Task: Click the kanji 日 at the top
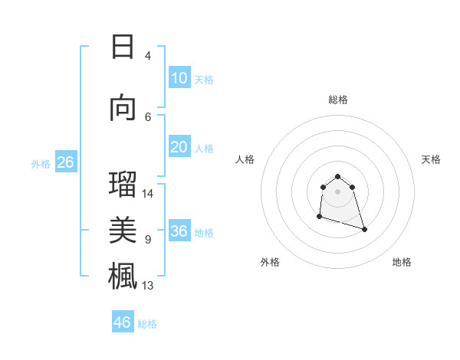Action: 123,47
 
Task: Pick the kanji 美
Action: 123,230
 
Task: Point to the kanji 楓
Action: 123,275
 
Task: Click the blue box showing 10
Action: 179,78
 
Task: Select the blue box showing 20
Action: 179,147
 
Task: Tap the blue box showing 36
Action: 179,231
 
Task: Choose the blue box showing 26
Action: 65,162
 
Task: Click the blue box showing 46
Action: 123,322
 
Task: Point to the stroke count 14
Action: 148,194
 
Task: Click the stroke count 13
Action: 148,286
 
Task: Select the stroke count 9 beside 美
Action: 148,240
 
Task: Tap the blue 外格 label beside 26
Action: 40,163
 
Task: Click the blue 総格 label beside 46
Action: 147,324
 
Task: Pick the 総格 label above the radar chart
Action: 337,100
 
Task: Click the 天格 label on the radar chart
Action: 431,159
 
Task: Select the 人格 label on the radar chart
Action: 245,159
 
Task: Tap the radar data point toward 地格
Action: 364,229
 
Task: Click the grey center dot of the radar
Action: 337,191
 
